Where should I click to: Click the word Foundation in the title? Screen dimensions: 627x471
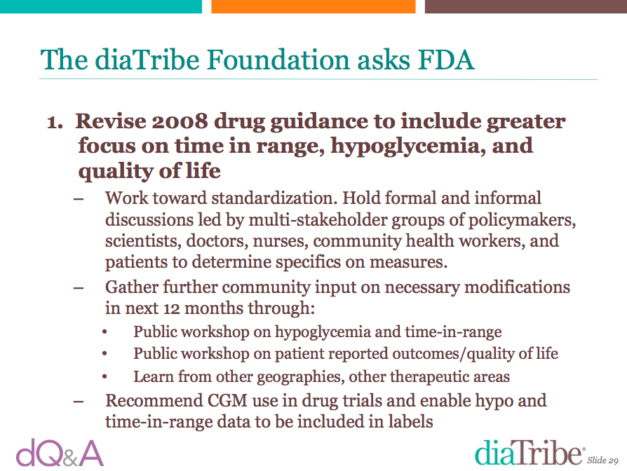click(278, 60)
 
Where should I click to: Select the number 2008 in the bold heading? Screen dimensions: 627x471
click(180, 121)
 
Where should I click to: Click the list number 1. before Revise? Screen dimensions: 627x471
click(55, 122)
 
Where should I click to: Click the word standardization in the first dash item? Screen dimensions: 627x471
click(275, 198)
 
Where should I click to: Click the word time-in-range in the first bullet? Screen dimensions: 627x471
click(453, 332)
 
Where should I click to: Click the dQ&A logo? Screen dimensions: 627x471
click(60, 453)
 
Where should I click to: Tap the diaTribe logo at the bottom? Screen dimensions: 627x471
click(529, 452)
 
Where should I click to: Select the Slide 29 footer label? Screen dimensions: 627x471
click(602, 460)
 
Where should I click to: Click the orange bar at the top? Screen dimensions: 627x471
click(313, 6)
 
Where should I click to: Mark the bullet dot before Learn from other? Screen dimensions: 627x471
click(104, 376)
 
